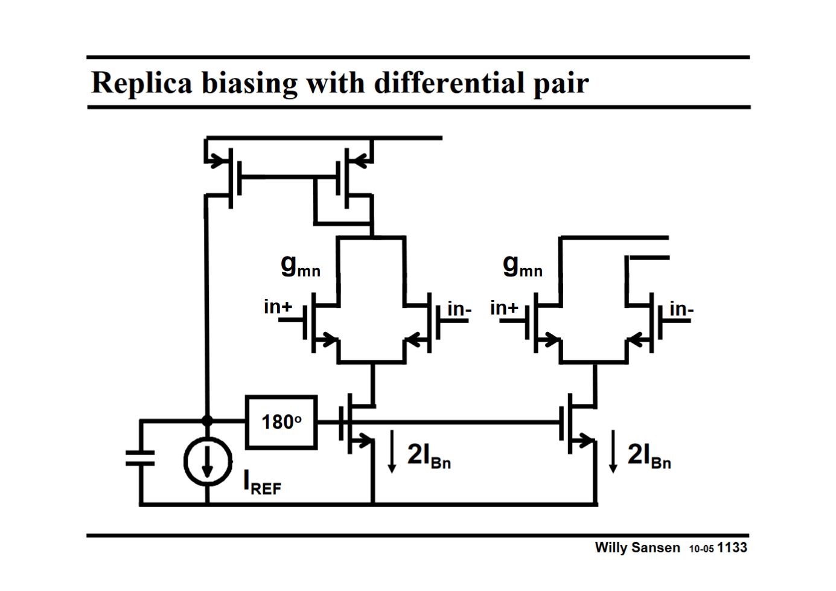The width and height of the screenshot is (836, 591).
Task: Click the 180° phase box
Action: [x=281, y=422]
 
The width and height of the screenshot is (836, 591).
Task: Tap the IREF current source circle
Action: [x=207, y=462]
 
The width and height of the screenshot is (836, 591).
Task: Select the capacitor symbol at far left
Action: [x=141, y=459]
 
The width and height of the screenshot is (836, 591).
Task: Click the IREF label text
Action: [x=262, y=484]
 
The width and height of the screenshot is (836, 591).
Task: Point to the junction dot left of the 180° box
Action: [x=207, y=421]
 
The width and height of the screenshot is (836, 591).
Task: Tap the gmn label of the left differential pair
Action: [x=300, y=265]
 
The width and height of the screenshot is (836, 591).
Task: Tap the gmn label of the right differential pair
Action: [x=522, y=265]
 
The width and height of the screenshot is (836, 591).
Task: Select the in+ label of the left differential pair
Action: [x=278, y=307]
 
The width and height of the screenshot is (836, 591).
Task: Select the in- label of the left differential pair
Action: [x=459, y=309]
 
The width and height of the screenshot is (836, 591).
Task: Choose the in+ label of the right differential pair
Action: [x=504, y=308]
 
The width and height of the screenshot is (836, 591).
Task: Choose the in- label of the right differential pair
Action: [x=681, y=309]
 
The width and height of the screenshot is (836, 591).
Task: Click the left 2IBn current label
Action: [x=429, y=455]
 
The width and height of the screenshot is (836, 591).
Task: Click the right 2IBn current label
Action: [x=649, y=455]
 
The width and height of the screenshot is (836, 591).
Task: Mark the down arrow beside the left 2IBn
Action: [x=392, y=451]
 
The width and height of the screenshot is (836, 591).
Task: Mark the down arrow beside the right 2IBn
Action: [x=613, y=451]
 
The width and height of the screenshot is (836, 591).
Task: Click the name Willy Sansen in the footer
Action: [x=637, y=548]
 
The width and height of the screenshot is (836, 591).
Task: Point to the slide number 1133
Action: [x=732, y=548]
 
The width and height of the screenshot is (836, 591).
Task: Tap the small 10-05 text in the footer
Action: [x=701, y=549]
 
